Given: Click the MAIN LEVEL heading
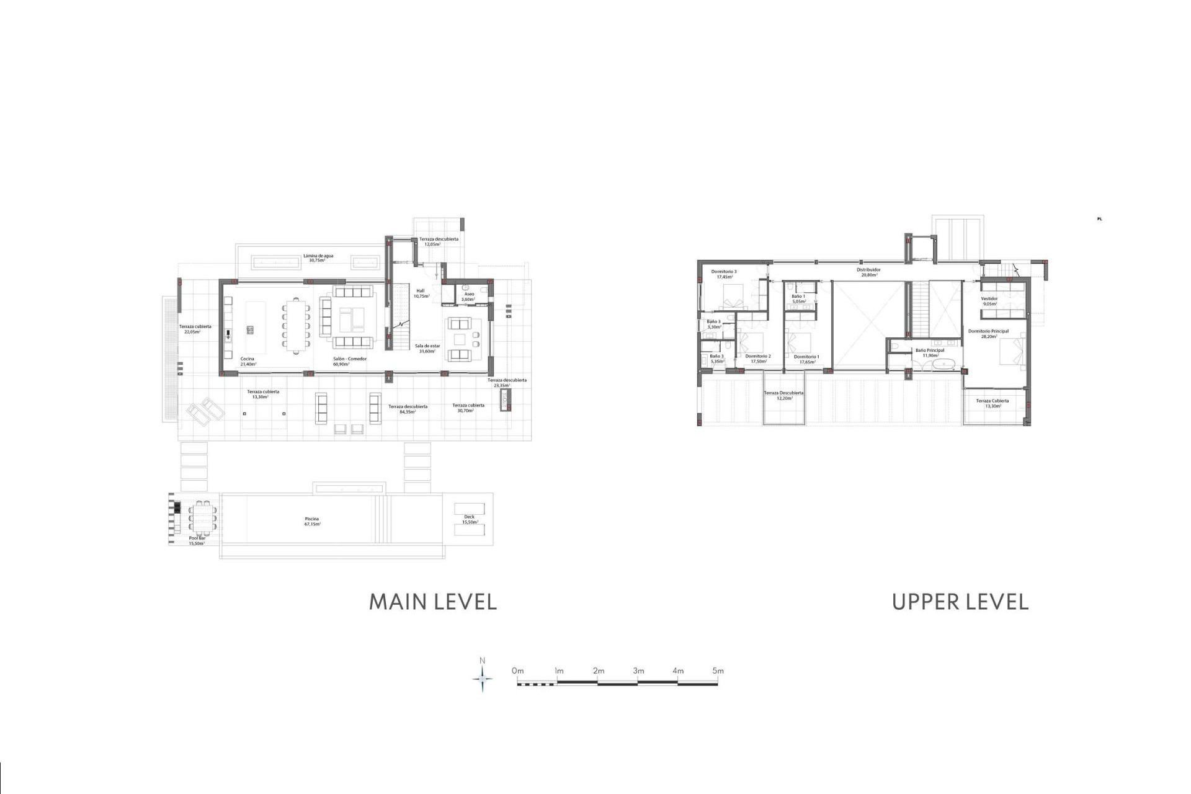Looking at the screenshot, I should [432, 602].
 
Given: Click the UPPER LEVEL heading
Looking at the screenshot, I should [960, 602].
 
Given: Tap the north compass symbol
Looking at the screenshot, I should [483, 679].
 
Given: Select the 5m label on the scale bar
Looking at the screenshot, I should [718, 671].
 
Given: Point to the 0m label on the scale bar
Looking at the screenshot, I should [517, 671].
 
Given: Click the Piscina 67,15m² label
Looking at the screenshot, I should [312, 521].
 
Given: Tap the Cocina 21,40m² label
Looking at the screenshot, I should [248, 361].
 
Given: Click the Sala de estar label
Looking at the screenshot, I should [427, 348].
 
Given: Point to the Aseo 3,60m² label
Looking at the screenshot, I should [468, 297].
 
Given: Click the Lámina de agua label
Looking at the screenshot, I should [318, 257].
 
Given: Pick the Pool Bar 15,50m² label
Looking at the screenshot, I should [197, 540].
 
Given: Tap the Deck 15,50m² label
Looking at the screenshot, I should [469, 519].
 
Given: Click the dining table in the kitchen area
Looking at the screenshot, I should [296, 326].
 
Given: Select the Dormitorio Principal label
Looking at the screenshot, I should [988, 334].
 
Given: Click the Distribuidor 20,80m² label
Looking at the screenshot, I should [868, 272].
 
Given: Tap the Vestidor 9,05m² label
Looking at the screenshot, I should [989, 301].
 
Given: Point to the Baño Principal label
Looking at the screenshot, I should [930, 352].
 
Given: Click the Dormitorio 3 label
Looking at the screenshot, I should [724, 274].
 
